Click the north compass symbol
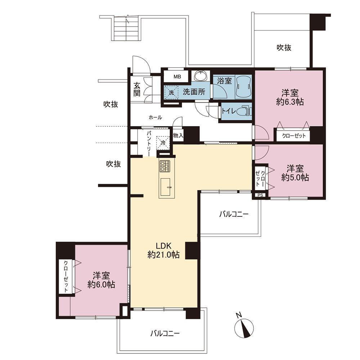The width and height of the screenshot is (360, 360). click(244, 327)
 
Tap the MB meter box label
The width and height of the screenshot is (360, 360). click(177, 77)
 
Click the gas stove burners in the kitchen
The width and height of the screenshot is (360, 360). click(165, 166)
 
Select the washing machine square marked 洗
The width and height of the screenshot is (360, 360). click(171, 92)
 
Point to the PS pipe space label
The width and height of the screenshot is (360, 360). click(260, 195)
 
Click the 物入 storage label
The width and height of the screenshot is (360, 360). click(178, 135)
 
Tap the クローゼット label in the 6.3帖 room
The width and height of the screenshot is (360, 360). click(294, 136)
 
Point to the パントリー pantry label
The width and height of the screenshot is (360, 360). click(149, 143)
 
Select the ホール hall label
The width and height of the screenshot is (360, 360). click(156, 118)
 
